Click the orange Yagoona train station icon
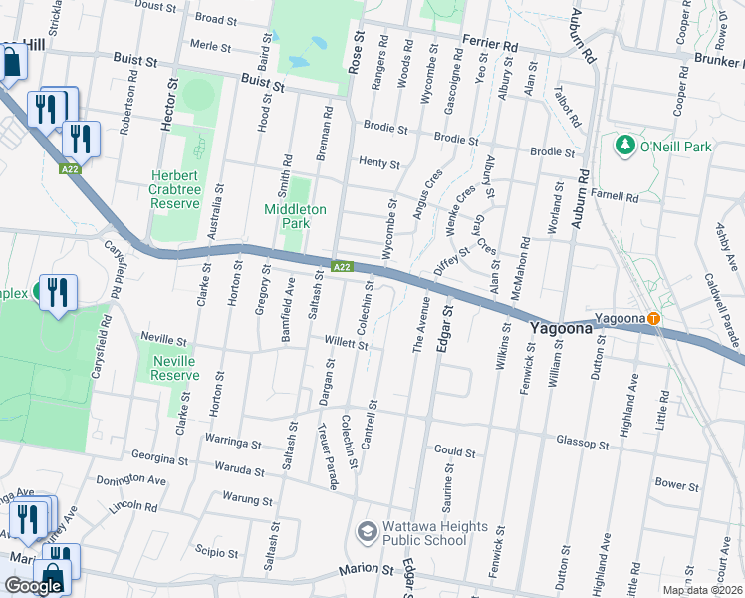pos(653,319)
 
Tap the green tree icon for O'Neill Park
pos(625,147)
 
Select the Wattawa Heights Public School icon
pos(367,533)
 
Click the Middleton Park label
pos(295,216)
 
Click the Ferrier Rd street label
pos(490,46)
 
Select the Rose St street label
pos(356,50)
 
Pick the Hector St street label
pos(166,109)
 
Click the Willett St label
pos(347,346)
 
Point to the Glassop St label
pos(582,443)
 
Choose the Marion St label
pos(366,569)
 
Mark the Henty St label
pos(378,164)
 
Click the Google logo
pos(33,585)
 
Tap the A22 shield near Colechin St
pos(342,266)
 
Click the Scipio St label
pos(216,553)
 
